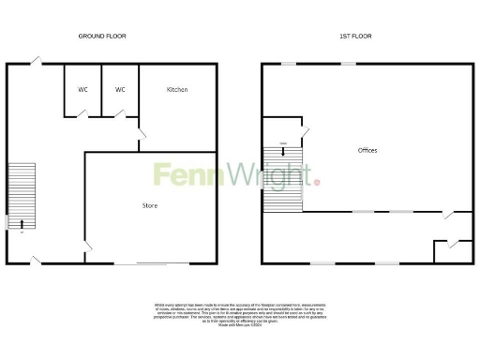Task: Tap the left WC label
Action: (82, 90)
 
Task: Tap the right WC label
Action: (120, 90)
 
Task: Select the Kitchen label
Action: (177, 90)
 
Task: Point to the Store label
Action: (150, 205)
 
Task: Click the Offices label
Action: (367, 150)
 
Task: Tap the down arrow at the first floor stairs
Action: (284, 143)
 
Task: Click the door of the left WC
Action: (83, 113)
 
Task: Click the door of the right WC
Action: (120, 113)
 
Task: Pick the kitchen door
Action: (141, 140)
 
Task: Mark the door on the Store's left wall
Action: (88, 247)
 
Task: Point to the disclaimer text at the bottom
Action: (240, 314)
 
